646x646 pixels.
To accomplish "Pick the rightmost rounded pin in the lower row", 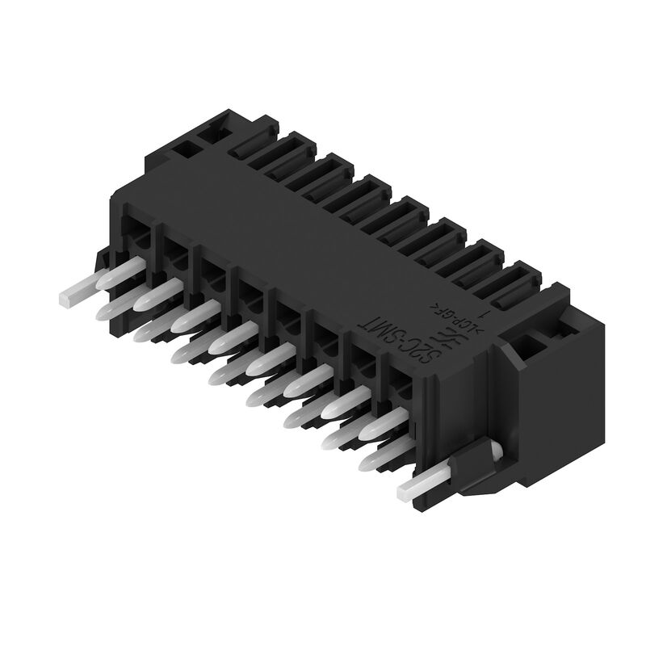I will click(380, 459).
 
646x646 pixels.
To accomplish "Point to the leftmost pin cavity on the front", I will click(137, 234).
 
